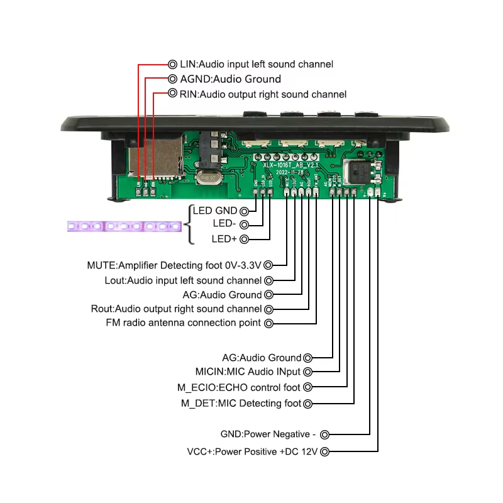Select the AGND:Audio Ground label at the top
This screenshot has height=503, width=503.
(x=230, y=79)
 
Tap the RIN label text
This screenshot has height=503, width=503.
(x=263, y=94)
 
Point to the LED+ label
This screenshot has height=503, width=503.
(x=224, y=239)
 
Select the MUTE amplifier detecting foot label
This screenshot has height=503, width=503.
(x=174, y=265)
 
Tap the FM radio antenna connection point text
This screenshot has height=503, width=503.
(x=183, y=323)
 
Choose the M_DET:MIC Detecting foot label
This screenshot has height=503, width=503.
(x=241, y=403)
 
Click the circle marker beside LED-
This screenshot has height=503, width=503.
(x=244, y=224)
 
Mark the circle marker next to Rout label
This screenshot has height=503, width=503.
(x=269, y=309)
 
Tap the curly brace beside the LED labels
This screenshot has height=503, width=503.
(x=189, y=224)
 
